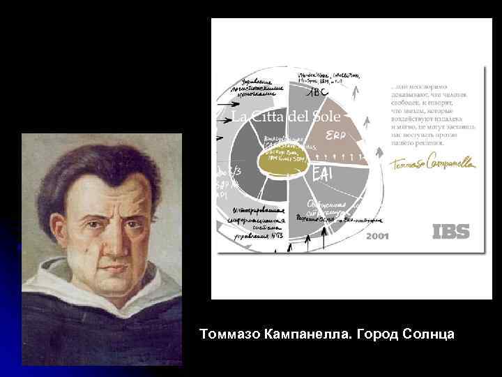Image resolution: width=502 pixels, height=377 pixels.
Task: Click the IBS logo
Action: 451,232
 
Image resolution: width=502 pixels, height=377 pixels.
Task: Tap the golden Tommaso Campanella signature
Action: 432,163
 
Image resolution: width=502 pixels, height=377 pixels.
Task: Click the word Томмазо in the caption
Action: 230,334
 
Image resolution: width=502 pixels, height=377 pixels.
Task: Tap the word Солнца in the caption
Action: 426,334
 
